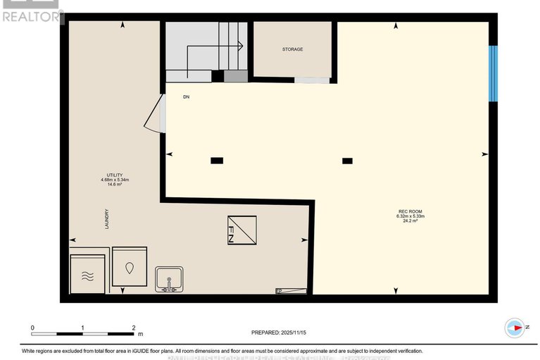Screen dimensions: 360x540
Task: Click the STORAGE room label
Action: [292, 49]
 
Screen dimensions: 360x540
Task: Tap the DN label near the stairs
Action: [187, 97]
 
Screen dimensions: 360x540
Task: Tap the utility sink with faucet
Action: [169, 279]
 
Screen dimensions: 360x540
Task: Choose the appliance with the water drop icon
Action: [130, 267]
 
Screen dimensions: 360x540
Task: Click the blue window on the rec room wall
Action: [494, 74]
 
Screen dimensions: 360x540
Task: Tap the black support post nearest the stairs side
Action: [217, 161]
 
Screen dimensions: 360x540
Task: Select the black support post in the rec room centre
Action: [347, 161]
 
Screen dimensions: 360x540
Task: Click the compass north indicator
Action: [515, 328]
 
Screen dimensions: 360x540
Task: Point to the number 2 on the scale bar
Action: [134, 328]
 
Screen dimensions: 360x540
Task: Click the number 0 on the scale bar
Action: [32, 328]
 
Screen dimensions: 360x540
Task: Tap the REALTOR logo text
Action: [32, 15]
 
